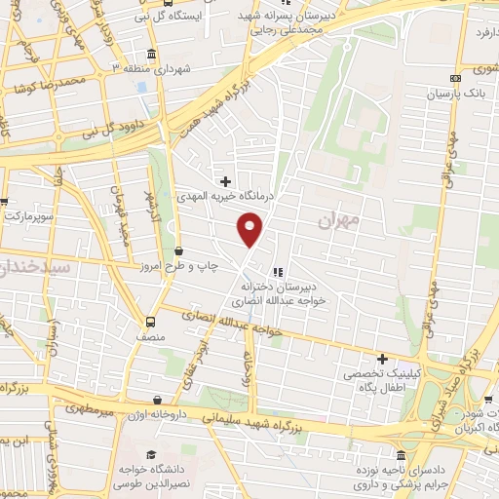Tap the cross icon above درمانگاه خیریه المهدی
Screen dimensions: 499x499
(225, 181)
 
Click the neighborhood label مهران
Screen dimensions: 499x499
(338, 221)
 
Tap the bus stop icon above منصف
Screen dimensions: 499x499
(150, 323)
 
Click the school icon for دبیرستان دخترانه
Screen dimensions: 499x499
(278, 272)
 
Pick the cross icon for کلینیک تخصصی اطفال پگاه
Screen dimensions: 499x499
(381, 359)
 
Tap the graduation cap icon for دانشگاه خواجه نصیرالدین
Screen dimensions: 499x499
(150, 456)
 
